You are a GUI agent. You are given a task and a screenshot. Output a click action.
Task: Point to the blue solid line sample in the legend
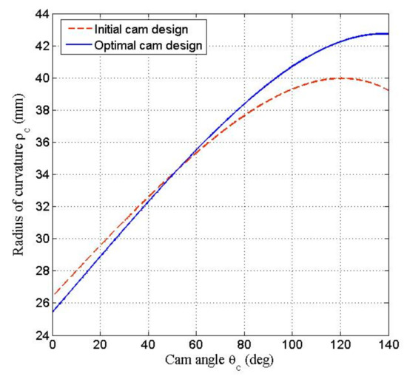pyautogui.click(x=76, y=45)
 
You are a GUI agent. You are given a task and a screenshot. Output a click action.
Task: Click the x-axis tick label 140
pyautogui.click(x=388, y=346)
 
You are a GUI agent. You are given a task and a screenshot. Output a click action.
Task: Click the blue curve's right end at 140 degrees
pyautogui.click(x=388, y=34)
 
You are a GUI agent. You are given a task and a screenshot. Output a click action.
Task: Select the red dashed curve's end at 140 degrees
pyautogui.click(x=388, y=90)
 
